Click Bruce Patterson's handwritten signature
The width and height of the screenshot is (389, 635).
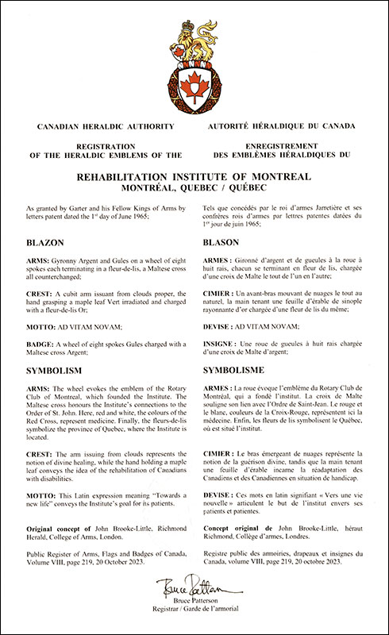[194, 589]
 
